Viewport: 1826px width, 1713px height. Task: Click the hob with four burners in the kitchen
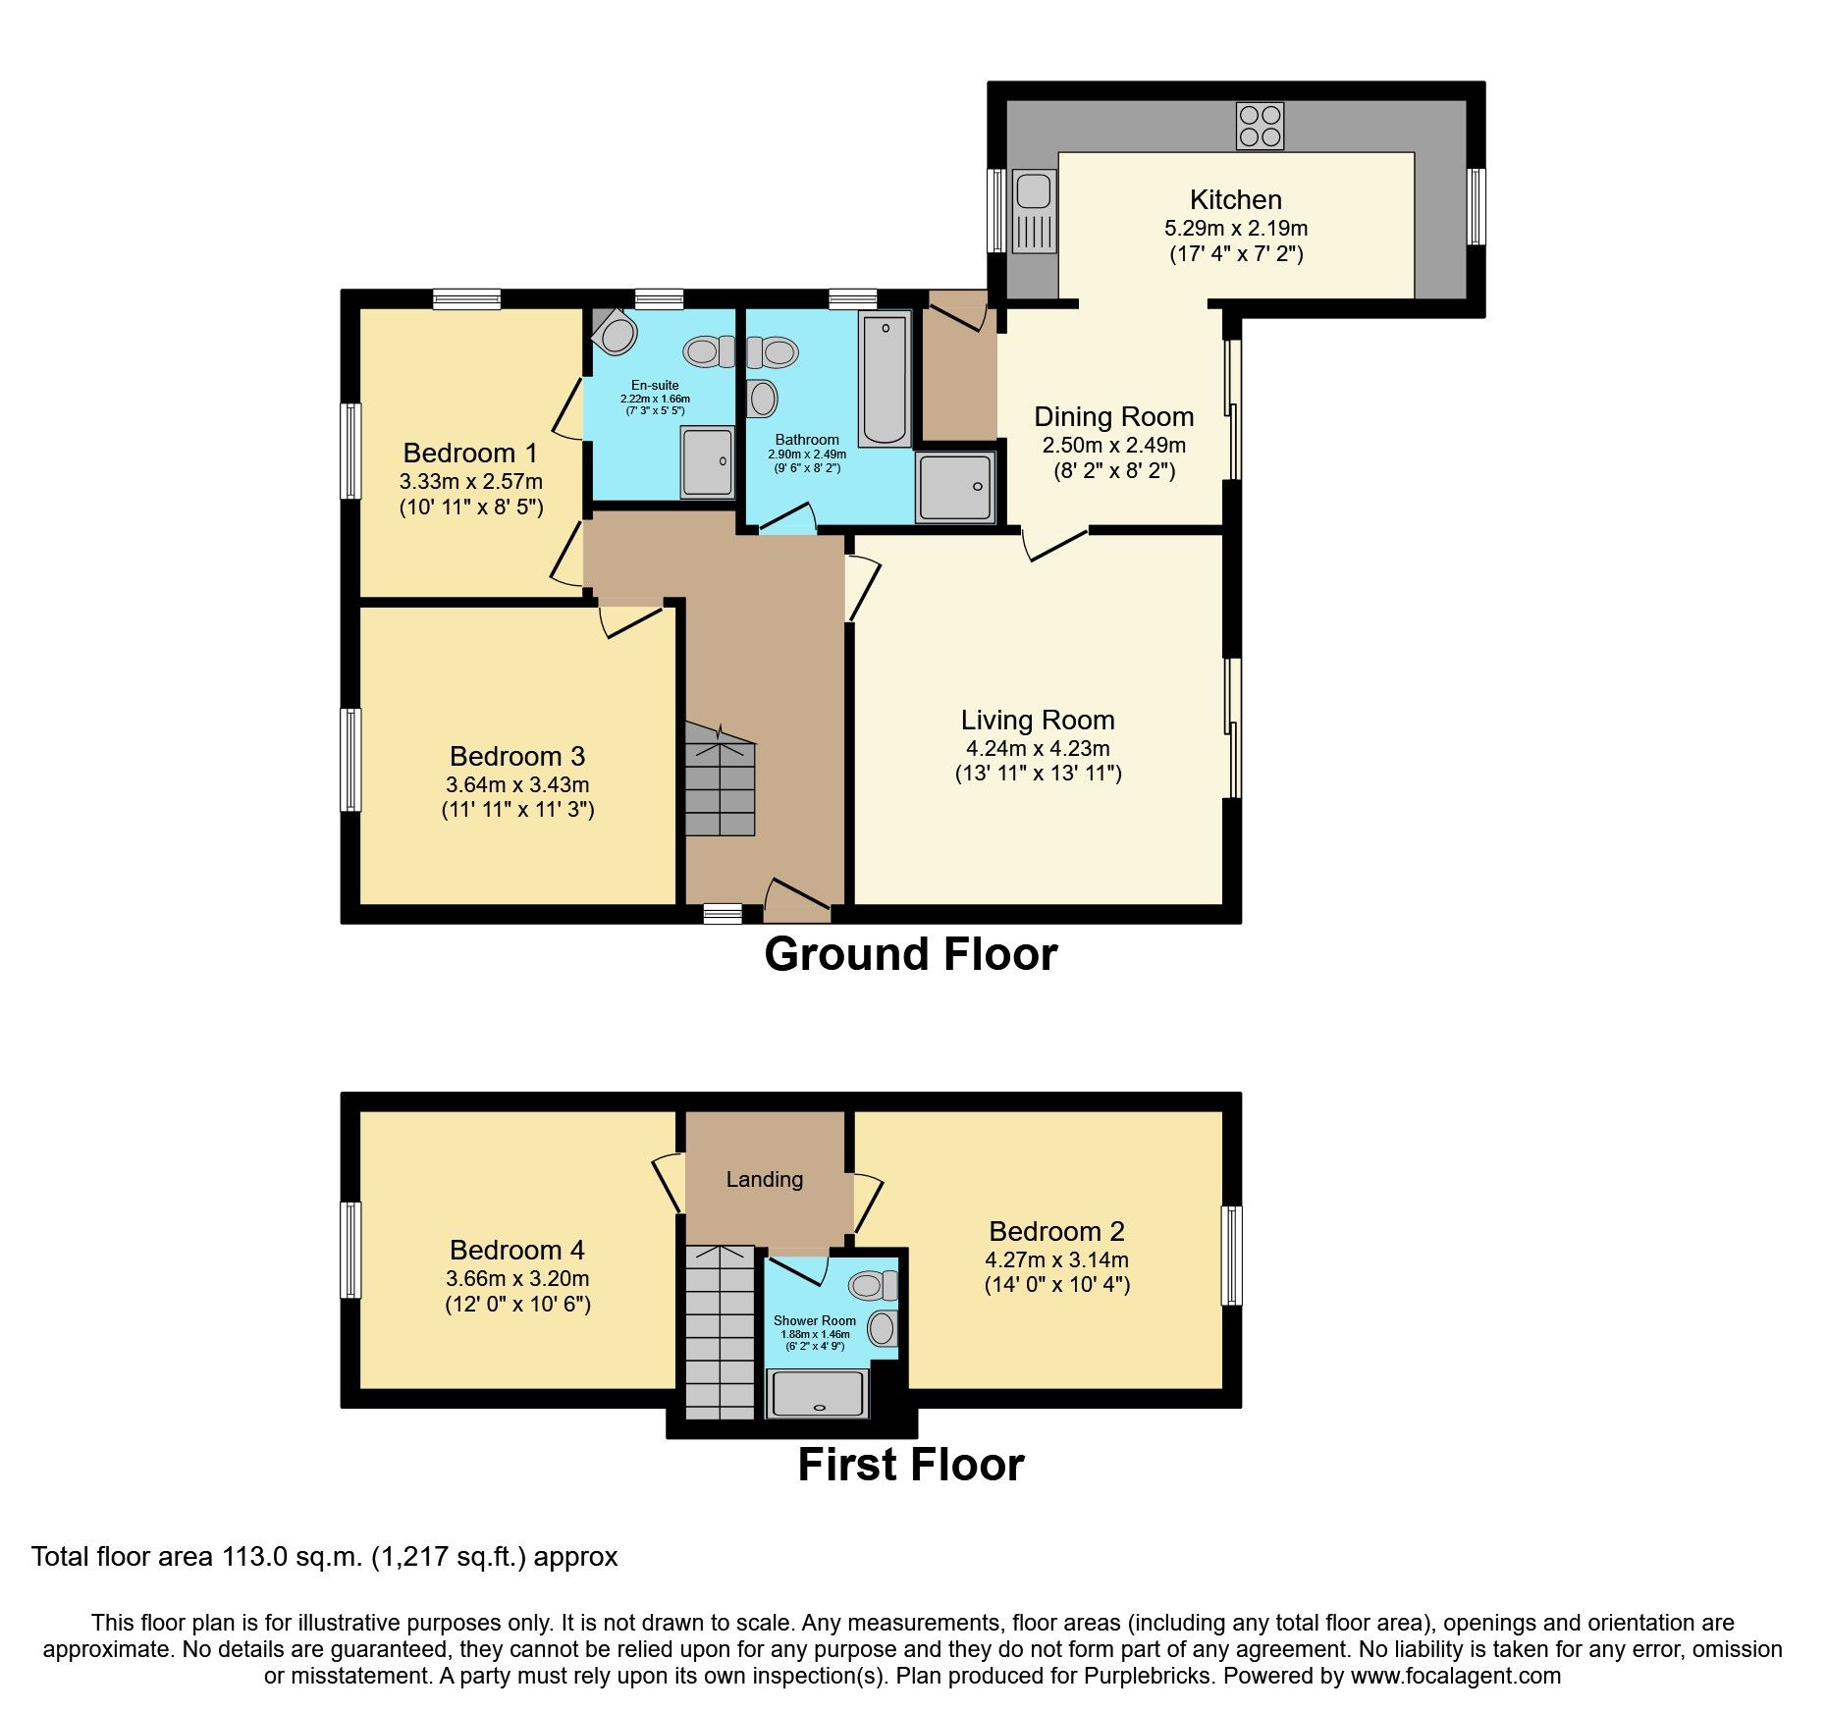tap(1260, 126)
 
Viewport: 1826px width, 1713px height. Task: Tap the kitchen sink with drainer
tap(1033, 211)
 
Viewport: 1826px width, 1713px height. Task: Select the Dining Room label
tap(1113, 416)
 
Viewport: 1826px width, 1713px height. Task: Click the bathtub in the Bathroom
tap(885, 379)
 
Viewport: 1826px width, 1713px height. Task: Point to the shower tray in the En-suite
tap(707, 460)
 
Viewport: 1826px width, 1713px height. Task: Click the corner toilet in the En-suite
tap(615, 333)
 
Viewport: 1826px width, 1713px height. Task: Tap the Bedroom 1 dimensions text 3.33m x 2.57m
tap(470, 481)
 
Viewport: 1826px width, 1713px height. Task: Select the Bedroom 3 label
tap(516, 756)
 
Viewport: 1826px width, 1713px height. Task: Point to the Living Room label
tap(1038, 720)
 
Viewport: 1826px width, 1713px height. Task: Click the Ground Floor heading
tap(910, 954)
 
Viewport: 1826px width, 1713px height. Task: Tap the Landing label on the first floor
tap(764, 1179)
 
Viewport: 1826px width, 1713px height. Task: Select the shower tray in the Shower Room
tap(817, 1394)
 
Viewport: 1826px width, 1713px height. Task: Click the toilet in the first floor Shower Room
tap(873, 1284)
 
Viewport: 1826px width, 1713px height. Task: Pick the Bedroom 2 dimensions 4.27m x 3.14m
tap(1056, 1259)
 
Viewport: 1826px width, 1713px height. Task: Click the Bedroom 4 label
tap(516, 1250)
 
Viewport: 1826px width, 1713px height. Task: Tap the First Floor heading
tap(910, 1465)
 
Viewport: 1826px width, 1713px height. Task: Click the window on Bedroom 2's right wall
tap(1231, 1256)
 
